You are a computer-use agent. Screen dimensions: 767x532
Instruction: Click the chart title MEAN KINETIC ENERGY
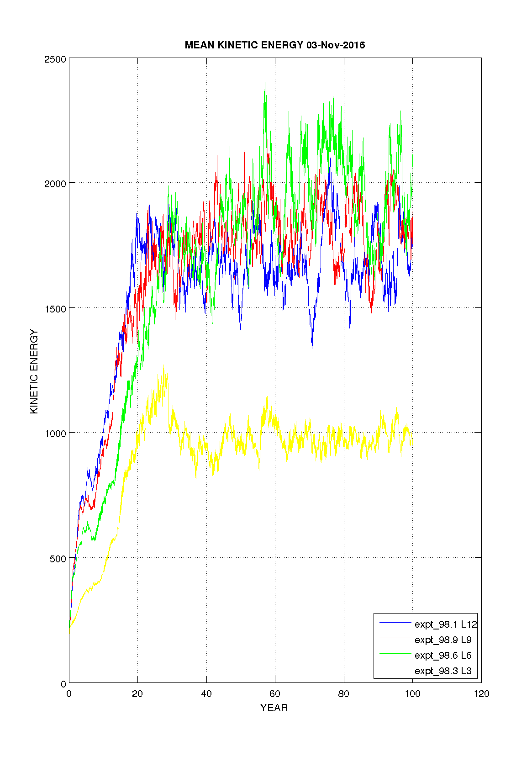244,45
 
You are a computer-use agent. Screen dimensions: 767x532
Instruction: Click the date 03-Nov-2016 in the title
336,45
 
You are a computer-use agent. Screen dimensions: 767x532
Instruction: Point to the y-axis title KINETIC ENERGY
34,371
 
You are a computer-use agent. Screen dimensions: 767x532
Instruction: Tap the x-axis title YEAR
274,708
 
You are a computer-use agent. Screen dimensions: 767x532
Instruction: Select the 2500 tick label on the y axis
55,59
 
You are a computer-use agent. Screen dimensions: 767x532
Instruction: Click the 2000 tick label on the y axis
55,184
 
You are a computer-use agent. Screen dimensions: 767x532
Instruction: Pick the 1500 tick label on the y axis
55,308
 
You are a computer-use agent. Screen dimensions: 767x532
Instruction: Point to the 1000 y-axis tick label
55,433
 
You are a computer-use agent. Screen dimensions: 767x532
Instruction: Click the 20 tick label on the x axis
137,694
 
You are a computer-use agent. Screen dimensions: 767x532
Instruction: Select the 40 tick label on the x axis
206,694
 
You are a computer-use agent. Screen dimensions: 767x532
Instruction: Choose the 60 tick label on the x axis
275,694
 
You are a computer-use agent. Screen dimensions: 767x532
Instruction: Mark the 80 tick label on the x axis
344,694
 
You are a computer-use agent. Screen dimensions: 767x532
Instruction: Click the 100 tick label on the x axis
412,694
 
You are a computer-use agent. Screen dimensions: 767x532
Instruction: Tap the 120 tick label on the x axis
481,694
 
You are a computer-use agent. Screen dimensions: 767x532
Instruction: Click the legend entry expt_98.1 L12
445,624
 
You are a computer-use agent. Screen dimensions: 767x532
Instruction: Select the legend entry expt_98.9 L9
442,640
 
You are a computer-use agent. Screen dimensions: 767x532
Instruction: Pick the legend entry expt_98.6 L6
442,655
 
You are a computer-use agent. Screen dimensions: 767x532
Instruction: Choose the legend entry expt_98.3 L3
442,671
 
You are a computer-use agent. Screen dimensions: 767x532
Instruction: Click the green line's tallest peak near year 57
265,83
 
